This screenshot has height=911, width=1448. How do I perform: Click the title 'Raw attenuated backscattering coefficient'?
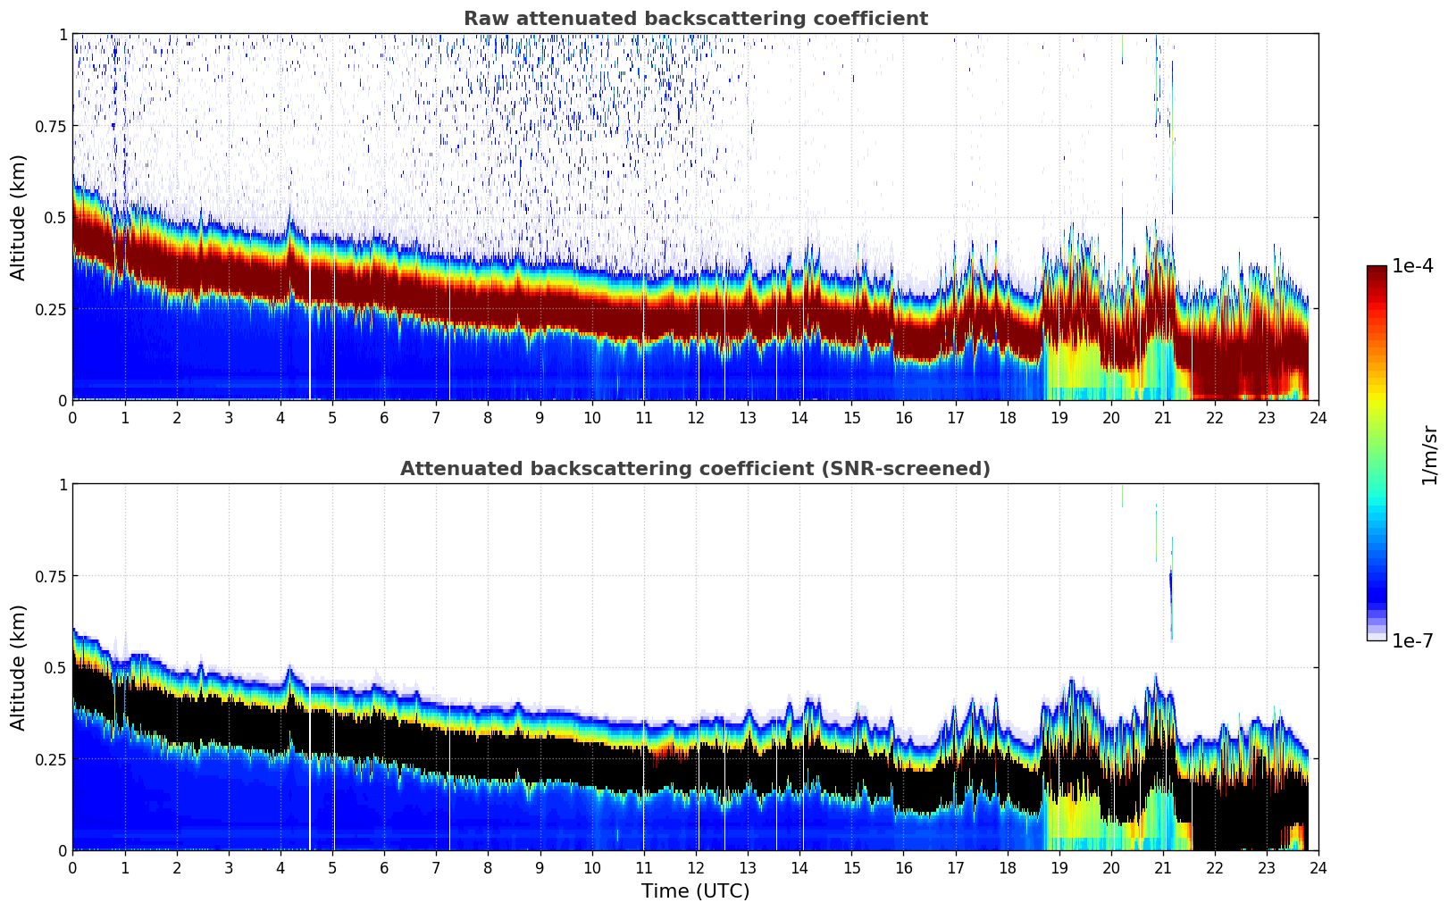click(695, 19)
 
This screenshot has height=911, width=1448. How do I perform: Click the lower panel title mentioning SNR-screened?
click(695, 469)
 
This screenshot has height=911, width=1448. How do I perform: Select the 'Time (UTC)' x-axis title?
click(695, 891)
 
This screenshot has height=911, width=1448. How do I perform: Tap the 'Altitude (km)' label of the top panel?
click(19, 217)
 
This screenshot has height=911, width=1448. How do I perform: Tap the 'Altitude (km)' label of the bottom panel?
click(19, 667)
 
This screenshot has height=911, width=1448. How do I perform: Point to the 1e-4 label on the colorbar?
click(1412, 266)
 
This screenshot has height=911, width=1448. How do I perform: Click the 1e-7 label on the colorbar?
click(1412, 640)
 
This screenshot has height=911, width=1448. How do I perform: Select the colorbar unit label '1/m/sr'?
click(1429, 455)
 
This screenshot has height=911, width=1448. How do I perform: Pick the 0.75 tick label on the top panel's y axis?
click(51, 126)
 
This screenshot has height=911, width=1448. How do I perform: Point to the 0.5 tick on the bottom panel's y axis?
click(55, 667)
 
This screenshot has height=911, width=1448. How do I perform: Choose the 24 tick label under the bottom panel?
click(1318, 867)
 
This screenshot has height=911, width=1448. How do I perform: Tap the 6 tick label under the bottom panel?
click(384, 867)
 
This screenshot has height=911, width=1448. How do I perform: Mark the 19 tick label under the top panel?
click(1059, 417)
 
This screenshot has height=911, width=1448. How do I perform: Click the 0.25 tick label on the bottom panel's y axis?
click(51, 759)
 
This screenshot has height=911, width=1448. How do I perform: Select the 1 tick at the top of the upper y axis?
click(63, 34)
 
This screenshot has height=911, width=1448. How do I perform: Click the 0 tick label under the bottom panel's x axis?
click(72, 867)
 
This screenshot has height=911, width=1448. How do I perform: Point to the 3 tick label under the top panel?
click(229, 417)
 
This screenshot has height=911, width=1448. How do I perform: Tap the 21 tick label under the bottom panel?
click(1162, 867)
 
